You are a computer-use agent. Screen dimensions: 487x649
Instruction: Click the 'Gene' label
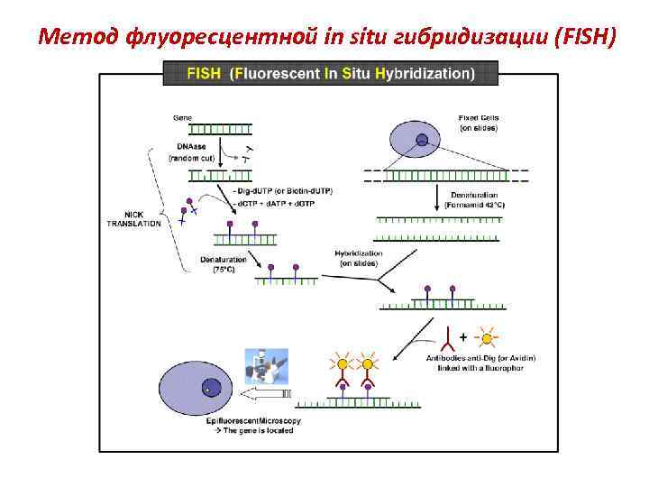point(182,116)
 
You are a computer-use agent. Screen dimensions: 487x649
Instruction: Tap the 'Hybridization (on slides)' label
point(358,258)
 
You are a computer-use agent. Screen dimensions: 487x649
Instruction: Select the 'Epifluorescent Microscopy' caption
point(255,421)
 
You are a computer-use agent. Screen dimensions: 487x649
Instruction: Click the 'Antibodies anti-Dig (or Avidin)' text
point(480,358)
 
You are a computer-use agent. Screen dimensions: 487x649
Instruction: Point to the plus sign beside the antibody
point(463,336)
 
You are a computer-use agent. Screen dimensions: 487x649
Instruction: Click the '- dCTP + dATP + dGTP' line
point(274,205)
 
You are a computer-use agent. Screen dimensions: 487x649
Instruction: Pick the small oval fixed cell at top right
point(415,140)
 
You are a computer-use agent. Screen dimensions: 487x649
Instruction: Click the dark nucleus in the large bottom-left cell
point(212,388)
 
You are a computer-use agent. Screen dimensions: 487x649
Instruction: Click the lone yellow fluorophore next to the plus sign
point(488,338)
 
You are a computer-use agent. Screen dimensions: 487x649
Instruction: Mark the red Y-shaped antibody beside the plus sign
point(449,339)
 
